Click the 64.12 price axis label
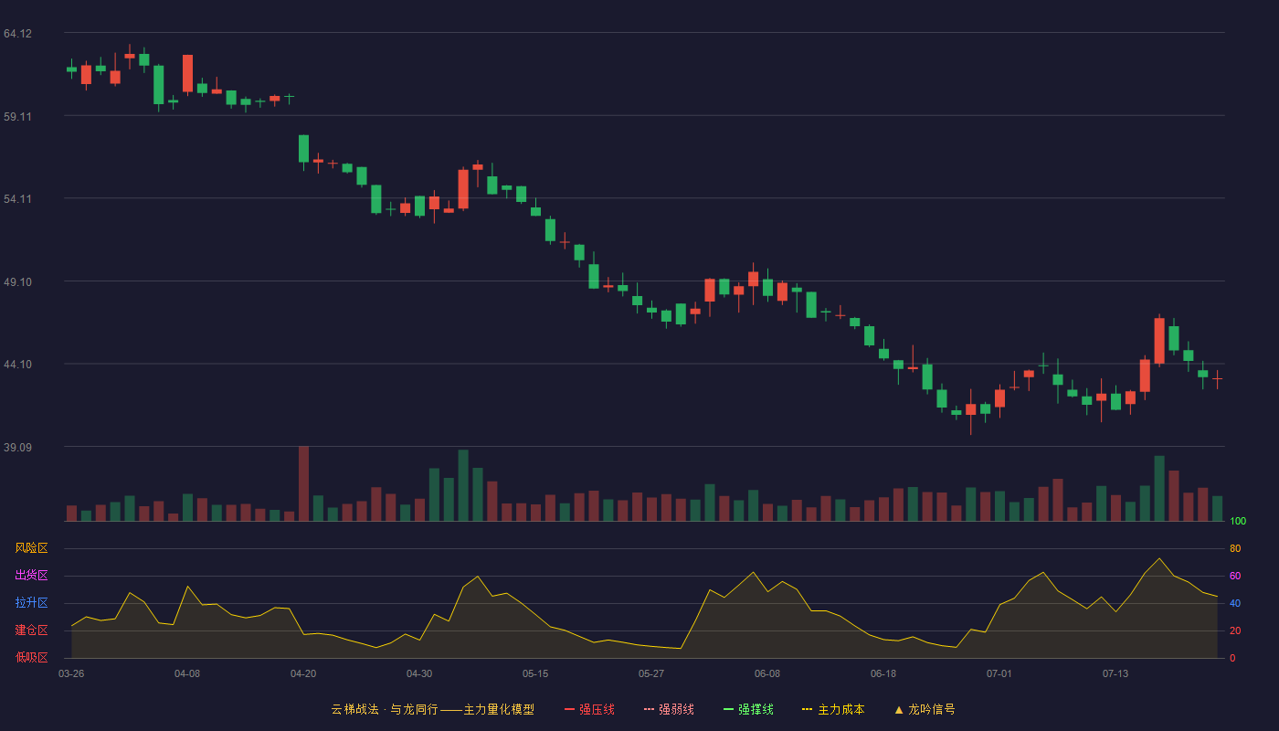tap(17, 34)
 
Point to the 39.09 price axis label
tap(17, 447)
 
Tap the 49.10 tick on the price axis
tap(17, 282)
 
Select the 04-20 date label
tap(303, 674)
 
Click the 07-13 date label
tap(1115, 674)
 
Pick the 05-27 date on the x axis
tap(650, 674)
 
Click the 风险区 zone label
tap(31, 548)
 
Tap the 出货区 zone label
tap(31, 575)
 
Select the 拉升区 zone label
tap(31, 602)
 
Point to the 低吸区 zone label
tap(31, 657)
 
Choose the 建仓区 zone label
tap(31, 630)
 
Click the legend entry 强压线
tap(589, 709)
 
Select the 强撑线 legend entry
tap(748, 709)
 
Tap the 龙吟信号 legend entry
tap(925, 709)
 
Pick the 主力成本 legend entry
tap(833, 709)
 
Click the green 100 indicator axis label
tap(1238, 521)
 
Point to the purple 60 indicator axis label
tap(1235, 576)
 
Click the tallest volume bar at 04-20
tap(303, 483)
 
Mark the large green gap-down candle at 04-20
tap(303, 149)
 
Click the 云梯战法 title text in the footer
tap(354, 709)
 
